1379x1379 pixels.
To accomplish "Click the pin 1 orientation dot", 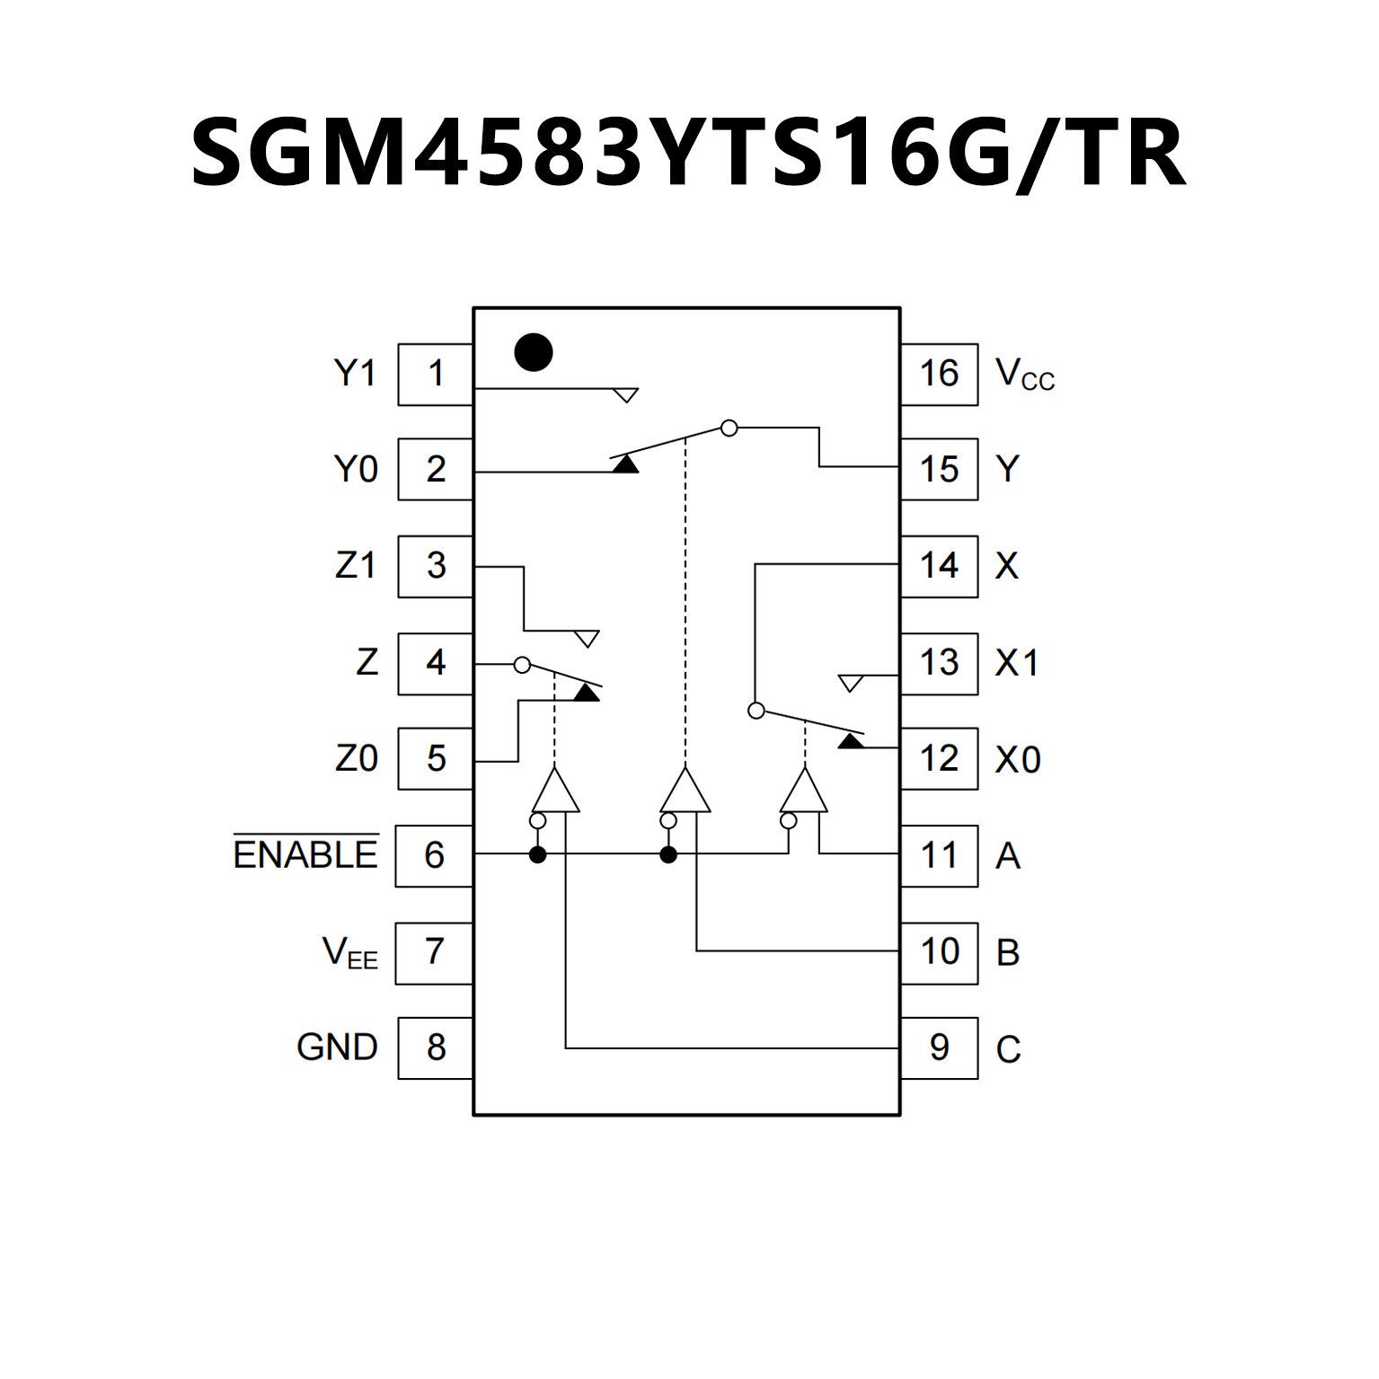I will click(x=533, y=352).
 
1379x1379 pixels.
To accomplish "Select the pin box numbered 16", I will click(x=939, y=374).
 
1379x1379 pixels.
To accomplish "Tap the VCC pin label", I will click(x=1024, y=374).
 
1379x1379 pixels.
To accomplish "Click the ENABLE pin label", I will click(x=305, y=854).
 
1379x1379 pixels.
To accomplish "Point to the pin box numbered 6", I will click(x=435, y=855).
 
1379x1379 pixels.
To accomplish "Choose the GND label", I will click(x=337, y=1048).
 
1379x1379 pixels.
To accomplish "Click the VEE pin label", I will click(x=349, y=952).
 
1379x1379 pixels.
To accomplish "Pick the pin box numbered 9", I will click(x=939, y=1048).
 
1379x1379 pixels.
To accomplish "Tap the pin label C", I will click(x=1008, y=1049).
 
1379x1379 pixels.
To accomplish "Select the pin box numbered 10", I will click(x=939, y=952).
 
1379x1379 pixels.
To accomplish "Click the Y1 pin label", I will click(x=355, y=373).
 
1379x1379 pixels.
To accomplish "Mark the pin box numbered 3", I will click(x=436, y=566).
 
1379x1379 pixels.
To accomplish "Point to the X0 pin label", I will click(x=1018, y=760).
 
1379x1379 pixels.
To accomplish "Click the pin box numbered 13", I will click(x=939, y=663).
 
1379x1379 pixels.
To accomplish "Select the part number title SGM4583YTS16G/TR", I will click(x=689, y=153).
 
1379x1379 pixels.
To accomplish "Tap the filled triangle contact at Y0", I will click(x=625, y=464).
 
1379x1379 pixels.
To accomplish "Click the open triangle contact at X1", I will click(x=850, y=683).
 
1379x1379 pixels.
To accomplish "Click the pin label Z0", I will click(x=356, y=759).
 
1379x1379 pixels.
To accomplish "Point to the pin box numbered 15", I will click(x=939, y=469).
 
